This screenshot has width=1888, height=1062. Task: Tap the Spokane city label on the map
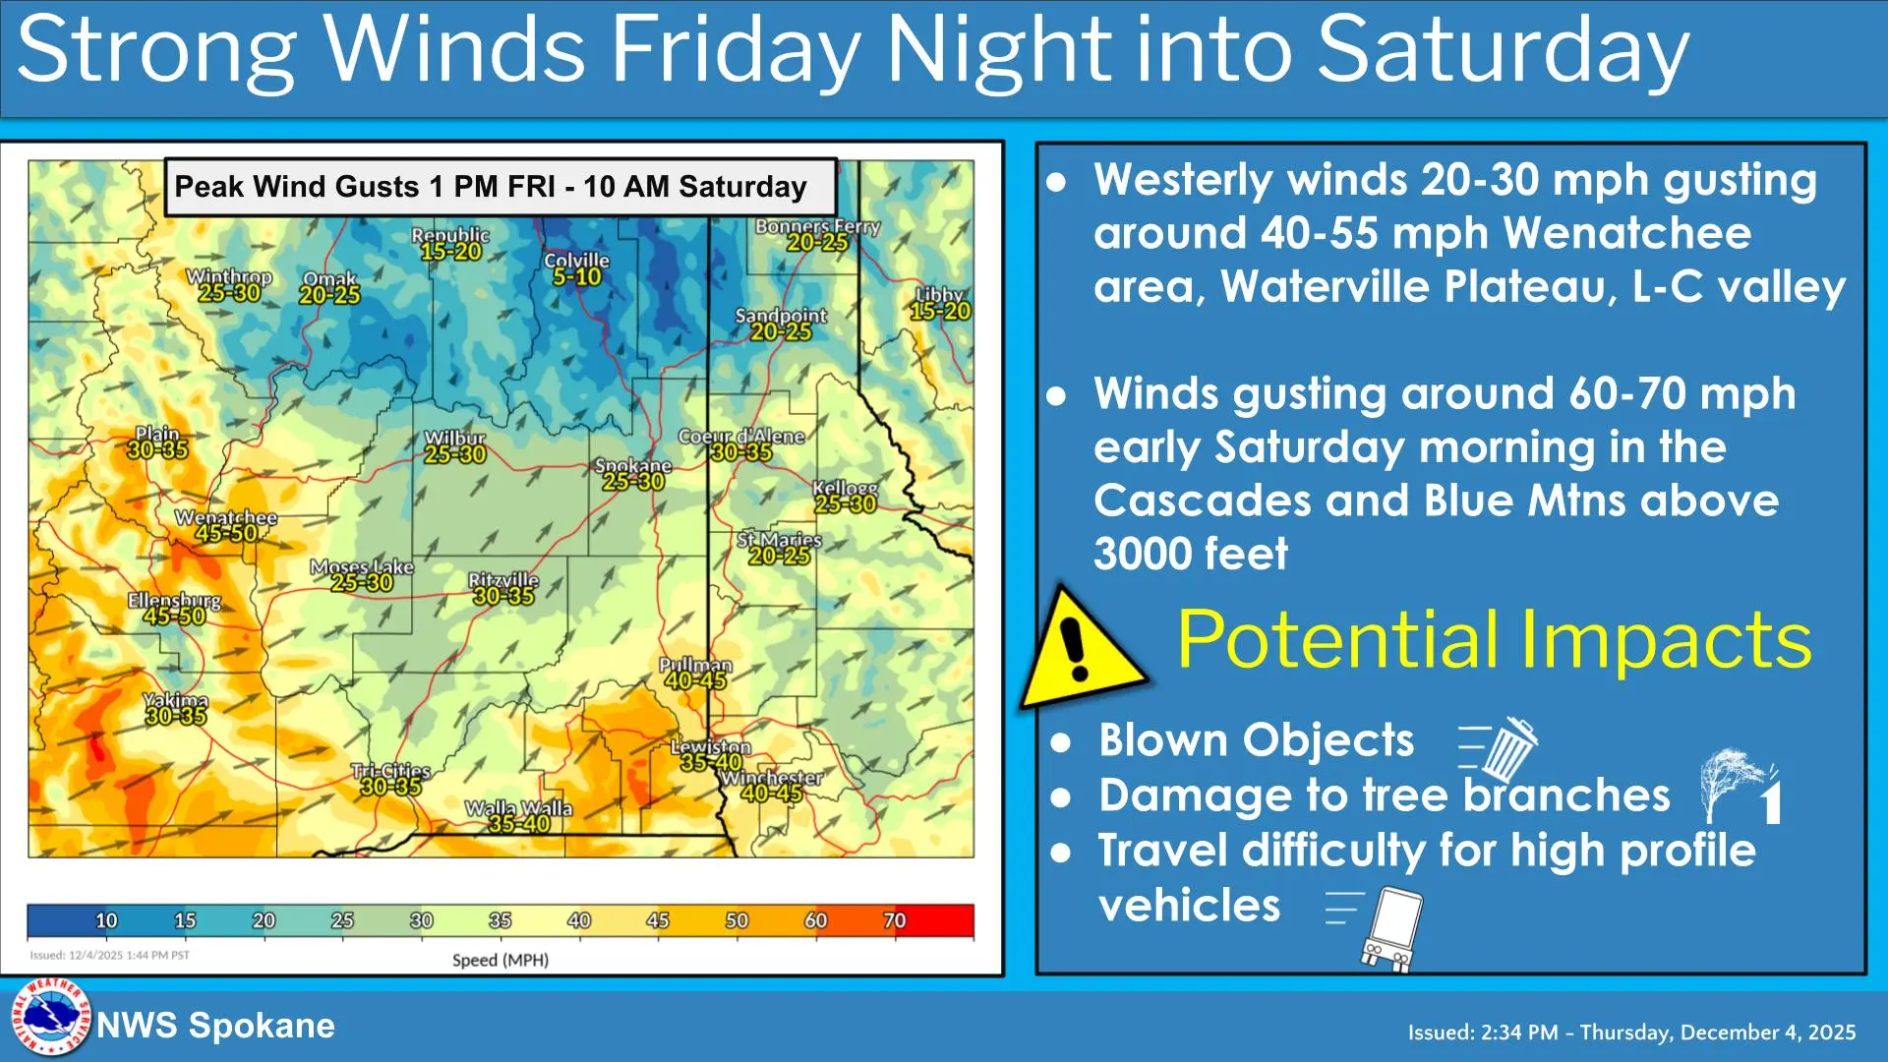(x=633, y=466)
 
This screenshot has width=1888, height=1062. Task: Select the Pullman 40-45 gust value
(x=695, y=680)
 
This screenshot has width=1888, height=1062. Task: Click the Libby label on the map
(x=940, y=294)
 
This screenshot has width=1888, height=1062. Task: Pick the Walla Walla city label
(x=518, y=808)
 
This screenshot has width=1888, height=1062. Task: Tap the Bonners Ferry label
(x=817, y=226)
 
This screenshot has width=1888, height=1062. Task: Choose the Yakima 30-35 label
(x=176, y=716)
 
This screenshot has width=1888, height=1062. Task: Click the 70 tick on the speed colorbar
(x=894, y=920)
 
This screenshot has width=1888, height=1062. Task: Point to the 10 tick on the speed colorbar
(x=106, y=920)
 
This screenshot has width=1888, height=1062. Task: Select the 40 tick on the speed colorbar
(x=579, y=920)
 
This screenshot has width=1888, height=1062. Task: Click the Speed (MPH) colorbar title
(x=500, y=960)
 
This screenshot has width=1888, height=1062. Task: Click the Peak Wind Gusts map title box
(x=500, y=187)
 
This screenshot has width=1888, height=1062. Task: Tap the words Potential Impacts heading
(x=1494, y=640)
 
